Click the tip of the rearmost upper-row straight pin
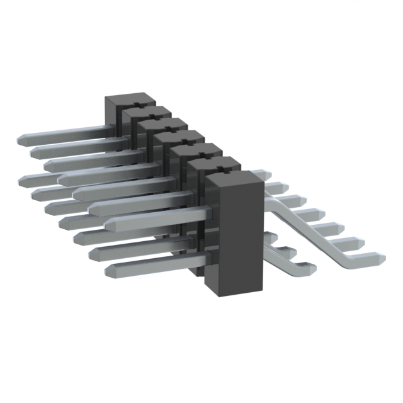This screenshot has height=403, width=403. [18, 140]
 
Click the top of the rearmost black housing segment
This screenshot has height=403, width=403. [130, 101]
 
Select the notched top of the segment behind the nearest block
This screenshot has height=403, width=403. [214, 165]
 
